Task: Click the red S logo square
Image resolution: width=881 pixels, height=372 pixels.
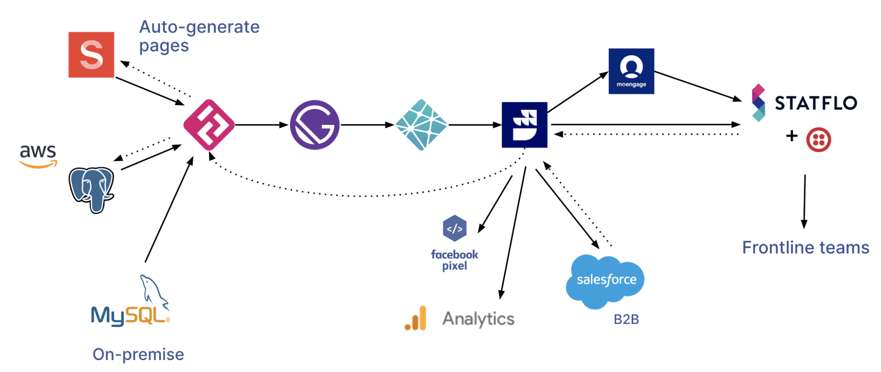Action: coord(91,55)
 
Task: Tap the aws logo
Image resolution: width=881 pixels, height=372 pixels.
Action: coord(38,155)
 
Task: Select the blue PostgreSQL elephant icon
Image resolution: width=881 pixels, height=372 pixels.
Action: coord(92,189)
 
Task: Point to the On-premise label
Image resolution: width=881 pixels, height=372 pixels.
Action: coord(138,354)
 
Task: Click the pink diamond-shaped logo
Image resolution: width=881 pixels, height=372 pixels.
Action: coord(209,125)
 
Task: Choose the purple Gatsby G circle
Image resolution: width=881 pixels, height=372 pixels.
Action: coord(315,125)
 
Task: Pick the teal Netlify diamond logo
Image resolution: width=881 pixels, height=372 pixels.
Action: coord(421,125)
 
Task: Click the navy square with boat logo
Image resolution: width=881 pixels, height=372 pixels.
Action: coord(524,125)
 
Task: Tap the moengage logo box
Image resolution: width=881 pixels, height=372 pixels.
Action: coord(631,71)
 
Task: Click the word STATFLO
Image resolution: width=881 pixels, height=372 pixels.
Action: coord(816,103)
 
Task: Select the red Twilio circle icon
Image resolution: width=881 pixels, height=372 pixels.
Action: coord(818,140)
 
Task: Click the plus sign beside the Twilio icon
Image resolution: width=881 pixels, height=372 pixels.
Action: coord(792,135)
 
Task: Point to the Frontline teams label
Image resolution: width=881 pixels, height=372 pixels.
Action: coord(806,248)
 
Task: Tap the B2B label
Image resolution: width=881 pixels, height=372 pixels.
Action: coord(626,319)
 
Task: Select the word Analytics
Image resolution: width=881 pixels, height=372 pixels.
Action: coord(478,319)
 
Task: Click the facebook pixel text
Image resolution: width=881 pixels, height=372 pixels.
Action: coord(454,260)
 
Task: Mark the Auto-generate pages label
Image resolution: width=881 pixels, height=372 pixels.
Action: coord(199,36)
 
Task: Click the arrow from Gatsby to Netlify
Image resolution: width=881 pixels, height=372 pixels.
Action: coord(367,125)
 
